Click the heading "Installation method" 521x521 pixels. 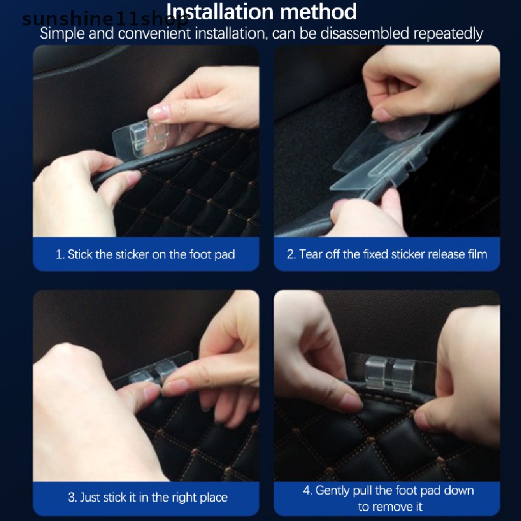(262, 12)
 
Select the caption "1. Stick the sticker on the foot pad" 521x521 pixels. (146, 254)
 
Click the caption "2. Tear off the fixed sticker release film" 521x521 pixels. (387, 254)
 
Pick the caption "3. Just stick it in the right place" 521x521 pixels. (148, 497)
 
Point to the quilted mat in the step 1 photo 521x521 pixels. (193, 204)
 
